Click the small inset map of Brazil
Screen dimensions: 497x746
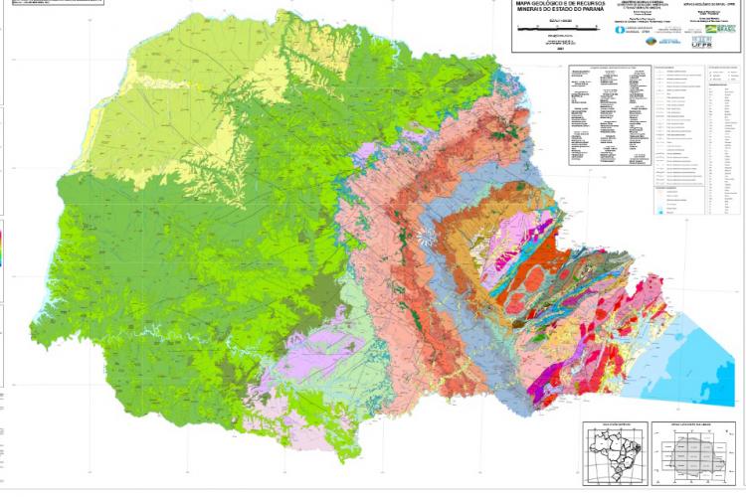pos(614,453)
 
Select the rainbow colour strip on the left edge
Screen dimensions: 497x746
pos(2,248)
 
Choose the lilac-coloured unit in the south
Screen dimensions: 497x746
pos(298,378)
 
